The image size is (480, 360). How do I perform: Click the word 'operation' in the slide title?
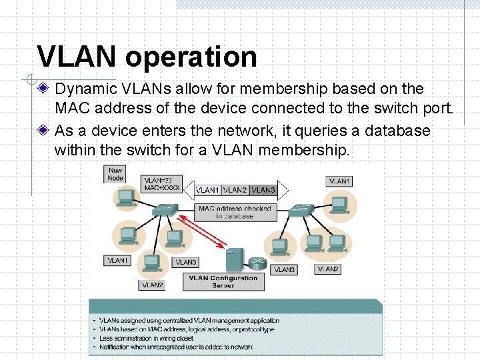click(191, 57)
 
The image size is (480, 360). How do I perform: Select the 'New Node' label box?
click(115, 174)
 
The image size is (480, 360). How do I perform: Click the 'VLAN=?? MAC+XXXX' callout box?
click(161, 185)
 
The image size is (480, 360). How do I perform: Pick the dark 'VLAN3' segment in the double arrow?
click(263, 190)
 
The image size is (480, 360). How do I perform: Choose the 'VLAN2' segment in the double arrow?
click(235, 190)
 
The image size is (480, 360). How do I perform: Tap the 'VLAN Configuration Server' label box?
click(223, 281)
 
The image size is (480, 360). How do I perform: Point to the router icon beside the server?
click(256, 263)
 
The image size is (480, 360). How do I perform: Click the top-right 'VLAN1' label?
click(339, 181)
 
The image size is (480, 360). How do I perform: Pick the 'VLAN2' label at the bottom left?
click(152, 285)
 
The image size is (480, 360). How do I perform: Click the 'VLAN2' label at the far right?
click(327, 269)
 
